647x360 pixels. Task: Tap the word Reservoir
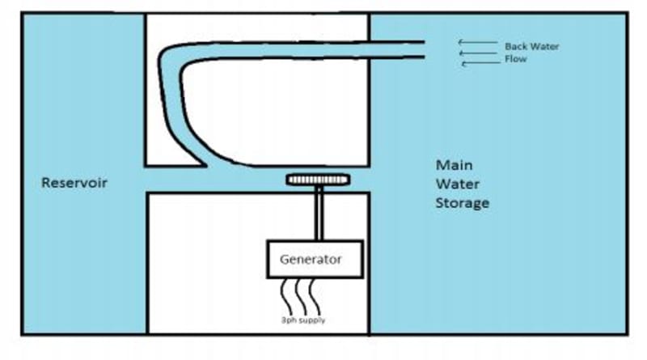tap(74, 183)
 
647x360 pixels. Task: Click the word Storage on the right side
tap(462, 202)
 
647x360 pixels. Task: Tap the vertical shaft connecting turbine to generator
tap(320, 214)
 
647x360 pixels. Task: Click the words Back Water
tap(531, 46)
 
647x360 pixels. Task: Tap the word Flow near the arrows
tap(516, 59)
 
